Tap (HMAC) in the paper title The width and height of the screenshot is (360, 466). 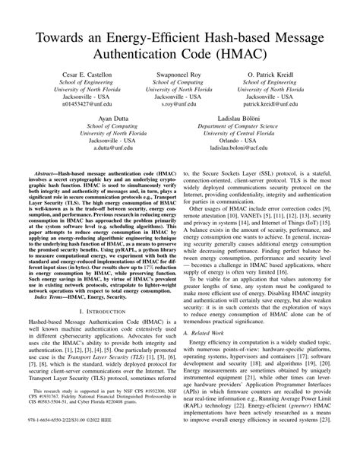coord(251,36)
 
